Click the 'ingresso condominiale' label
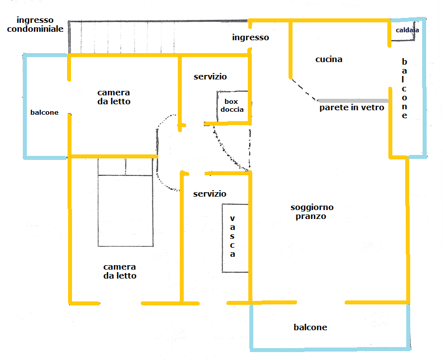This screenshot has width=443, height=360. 35,24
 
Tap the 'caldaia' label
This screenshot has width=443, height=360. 407,30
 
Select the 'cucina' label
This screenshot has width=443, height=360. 329,59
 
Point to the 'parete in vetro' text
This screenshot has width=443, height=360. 352,108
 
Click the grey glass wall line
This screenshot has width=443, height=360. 353,101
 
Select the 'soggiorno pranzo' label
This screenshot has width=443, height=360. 312,212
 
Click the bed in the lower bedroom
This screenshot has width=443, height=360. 126,202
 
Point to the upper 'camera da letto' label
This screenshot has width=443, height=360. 114,97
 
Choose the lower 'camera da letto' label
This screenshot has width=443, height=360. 120,271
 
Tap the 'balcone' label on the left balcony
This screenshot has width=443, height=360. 44,112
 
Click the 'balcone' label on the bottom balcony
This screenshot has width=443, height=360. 310,327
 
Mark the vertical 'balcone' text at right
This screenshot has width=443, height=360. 404,88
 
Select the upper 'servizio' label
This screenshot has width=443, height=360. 210,76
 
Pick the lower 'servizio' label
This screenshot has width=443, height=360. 210,194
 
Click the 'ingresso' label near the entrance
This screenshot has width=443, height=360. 251,38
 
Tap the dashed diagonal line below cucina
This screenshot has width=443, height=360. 304,90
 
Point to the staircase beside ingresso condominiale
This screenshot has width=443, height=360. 158,37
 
